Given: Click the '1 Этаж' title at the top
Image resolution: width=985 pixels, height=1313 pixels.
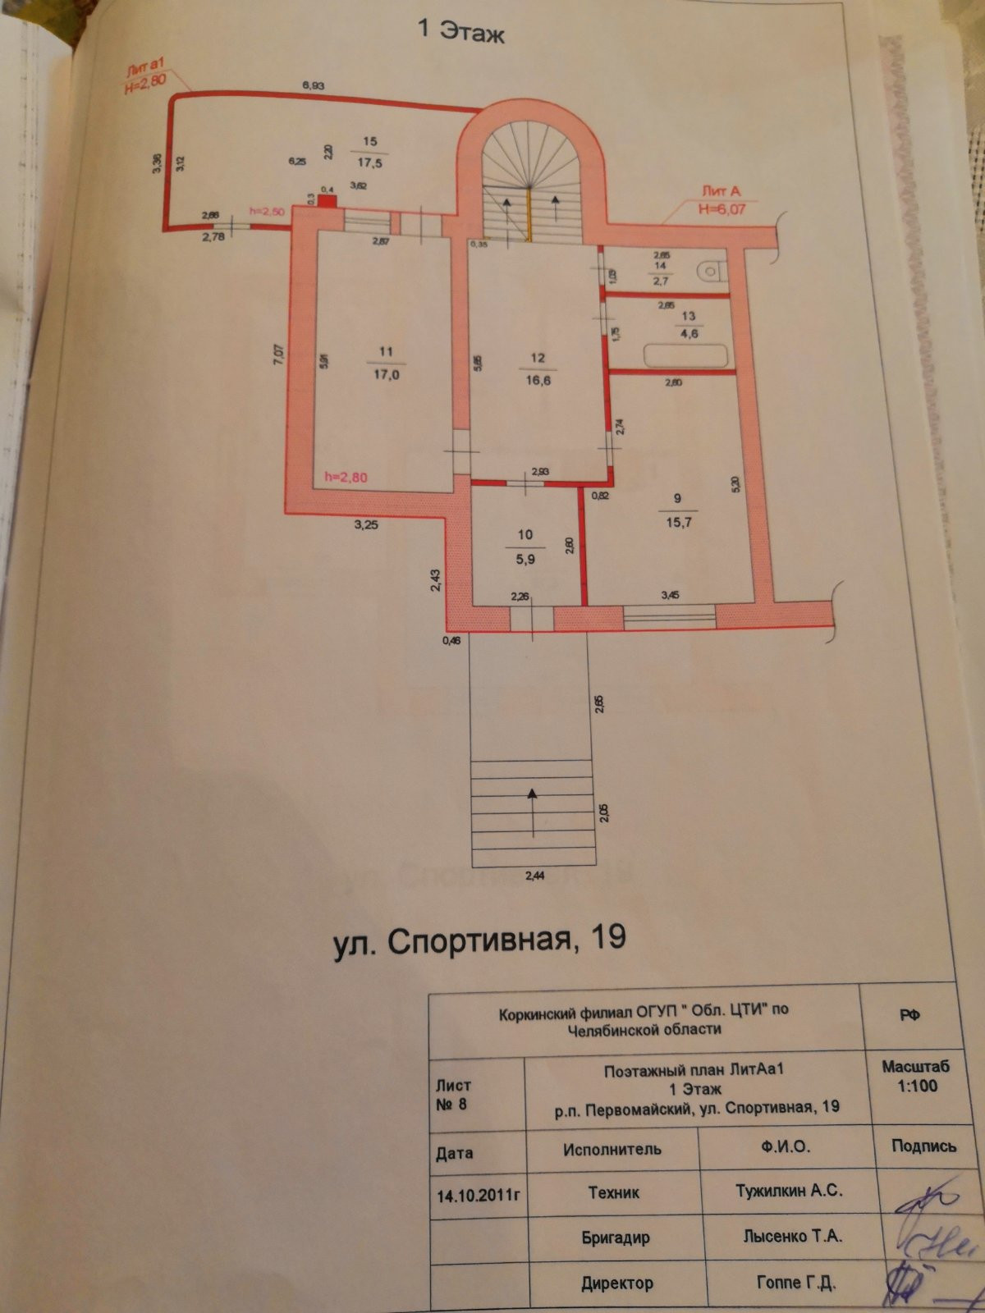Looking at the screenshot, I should click(460, 30).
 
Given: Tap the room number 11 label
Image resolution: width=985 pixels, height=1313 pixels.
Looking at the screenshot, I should click(386, 352).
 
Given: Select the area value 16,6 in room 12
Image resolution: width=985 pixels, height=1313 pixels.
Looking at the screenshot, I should click(538, 381).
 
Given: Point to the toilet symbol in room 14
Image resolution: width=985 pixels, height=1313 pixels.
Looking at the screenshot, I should click(709, 269).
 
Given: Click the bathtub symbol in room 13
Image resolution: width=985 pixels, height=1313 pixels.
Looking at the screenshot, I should click(686, 356).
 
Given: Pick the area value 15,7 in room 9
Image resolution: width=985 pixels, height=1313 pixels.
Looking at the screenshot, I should click(678, 522).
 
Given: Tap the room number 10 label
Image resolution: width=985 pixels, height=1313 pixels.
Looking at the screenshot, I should click(525, 534).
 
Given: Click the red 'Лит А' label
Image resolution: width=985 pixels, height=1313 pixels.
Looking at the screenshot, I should click(720, 191).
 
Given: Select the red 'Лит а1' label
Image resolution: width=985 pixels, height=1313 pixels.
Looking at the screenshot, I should click(145, 72).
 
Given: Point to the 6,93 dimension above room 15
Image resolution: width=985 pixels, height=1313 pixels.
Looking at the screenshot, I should click(314, 85).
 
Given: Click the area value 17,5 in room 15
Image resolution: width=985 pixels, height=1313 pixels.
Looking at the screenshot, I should click(369, 163).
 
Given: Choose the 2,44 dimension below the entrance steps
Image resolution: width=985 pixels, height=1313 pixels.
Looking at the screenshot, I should click(534, 876).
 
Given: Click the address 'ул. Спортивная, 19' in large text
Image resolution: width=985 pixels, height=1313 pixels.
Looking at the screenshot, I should click(479, 938).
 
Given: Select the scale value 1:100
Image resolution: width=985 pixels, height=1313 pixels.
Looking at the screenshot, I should click(917, 1086).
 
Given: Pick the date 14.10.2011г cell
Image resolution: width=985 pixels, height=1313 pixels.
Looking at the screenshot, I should click(479, 1195).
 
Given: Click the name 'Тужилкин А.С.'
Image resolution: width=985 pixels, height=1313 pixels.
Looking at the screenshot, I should click(789, 1191).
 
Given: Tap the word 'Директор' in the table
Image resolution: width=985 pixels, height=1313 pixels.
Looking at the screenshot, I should click(616, 1283).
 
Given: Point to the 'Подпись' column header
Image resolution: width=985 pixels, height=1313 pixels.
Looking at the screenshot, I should click(923, 1146).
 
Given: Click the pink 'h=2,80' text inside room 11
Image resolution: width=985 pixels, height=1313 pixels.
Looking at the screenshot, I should click(346, 477).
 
